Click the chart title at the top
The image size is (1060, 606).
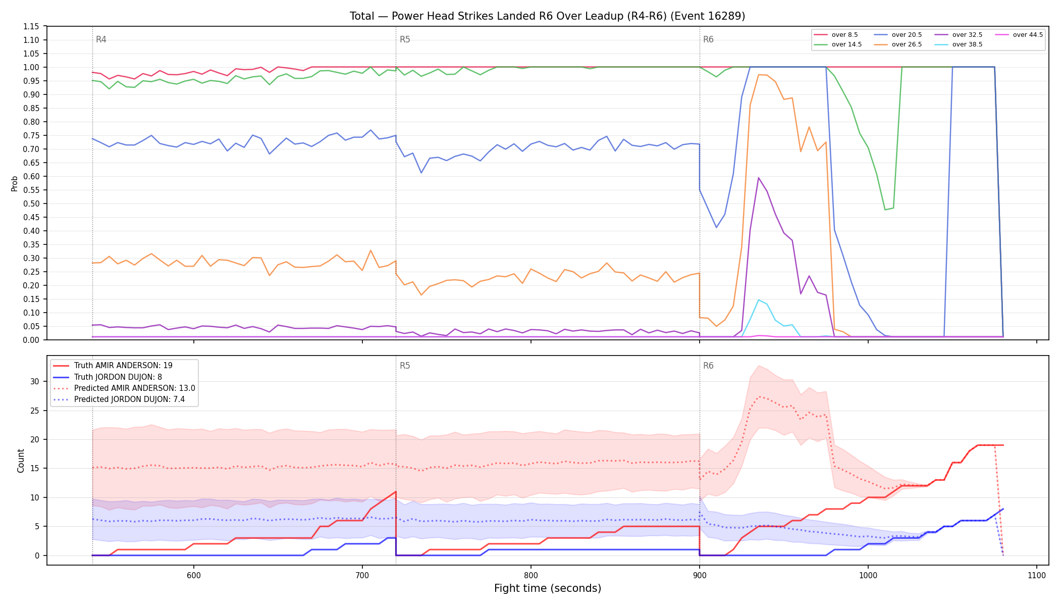(547, 16)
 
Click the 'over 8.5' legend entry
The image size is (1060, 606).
(835, 35)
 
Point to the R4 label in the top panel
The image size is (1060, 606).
(101, 39)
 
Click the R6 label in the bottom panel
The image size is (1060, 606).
(708, 366)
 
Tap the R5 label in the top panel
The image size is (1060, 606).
(405, 39)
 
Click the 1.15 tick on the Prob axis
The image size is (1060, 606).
(31, 26)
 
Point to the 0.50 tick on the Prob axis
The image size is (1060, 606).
(31, 204)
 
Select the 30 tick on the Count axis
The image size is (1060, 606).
(35, 381)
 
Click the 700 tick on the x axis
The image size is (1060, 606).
(362, 575)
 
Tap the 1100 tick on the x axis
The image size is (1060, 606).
(1036, 575)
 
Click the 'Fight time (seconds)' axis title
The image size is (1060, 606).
(548, 588)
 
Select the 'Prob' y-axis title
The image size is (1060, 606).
(15, 183)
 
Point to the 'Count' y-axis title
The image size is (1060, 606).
(21, 461)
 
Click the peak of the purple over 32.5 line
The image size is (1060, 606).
(758, 178)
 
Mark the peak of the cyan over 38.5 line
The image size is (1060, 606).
(758, 300)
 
